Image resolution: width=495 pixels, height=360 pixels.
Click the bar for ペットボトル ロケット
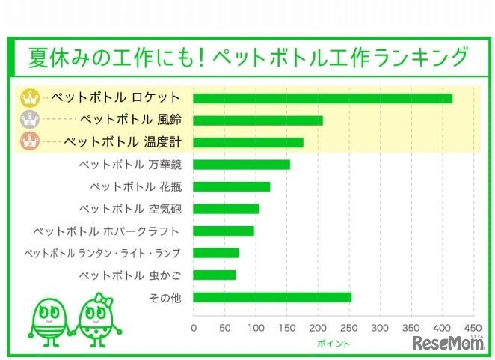(x=322, y=98)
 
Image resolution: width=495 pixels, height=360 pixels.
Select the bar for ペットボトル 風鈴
(x=258, y=120)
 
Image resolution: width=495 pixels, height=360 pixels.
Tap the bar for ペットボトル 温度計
(x=248, y=142)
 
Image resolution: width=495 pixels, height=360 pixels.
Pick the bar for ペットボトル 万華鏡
(x=242, y=165)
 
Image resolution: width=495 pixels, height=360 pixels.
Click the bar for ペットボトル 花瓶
(x=232, y=186)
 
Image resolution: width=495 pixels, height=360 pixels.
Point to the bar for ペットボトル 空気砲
(x=226, y=209)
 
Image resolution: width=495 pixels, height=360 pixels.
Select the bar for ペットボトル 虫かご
(x=215, y=275)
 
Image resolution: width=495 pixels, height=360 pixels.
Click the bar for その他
(x=272, y=297)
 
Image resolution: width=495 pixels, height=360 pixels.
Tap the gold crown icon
(x=30, y=98)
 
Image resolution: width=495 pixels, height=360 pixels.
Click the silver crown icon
(x=30, y=120)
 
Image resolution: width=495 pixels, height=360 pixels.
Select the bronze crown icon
(x=30, y=141)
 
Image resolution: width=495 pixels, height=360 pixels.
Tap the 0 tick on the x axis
(x=194, y=327)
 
